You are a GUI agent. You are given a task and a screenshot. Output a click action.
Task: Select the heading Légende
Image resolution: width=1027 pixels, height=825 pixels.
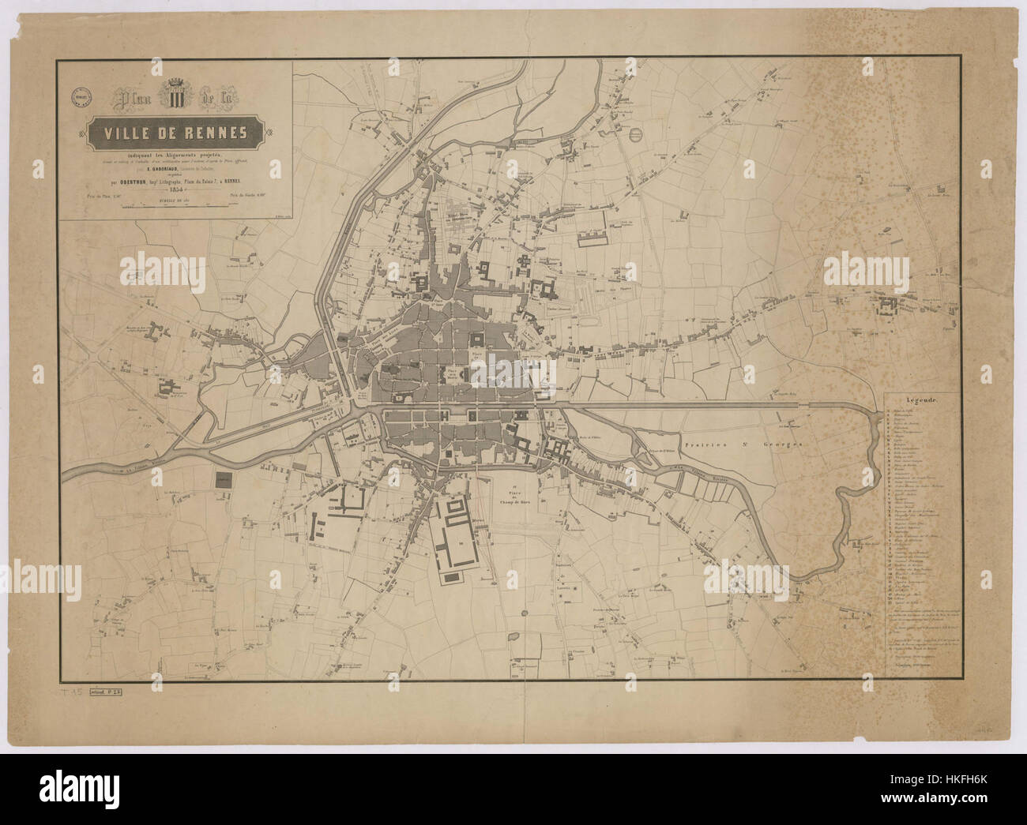(921, 400)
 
